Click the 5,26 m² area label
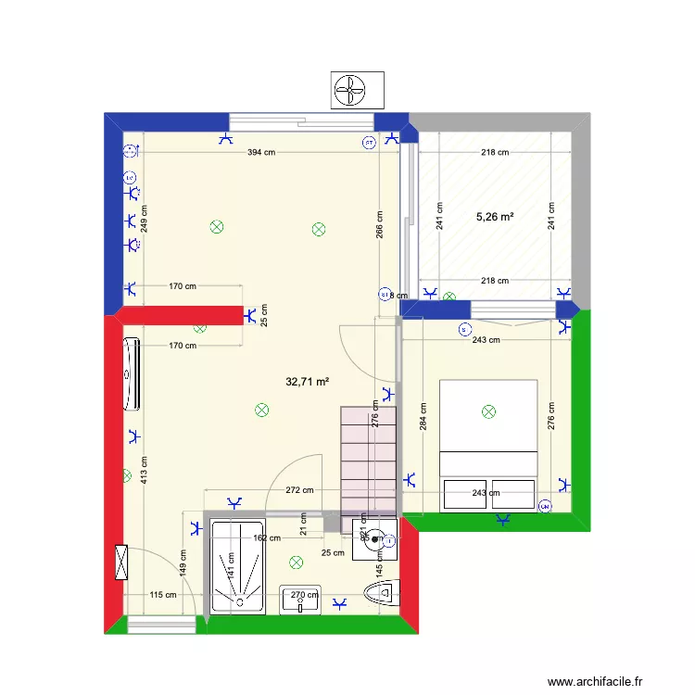point(495,217)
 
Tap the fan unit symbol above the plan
point(349,90)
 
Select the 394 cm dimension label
point(260,152)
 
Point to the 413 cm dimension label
point(145,475)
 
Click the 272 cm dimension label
point(299,490)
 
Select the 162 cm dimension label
point(266,537)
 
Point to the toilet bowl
point(381,594)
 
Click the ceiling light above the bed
point(488,411)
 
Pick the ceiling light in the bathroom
point(297,562)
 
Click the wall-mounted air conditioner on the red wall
point(131,374)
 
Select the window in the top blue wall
point(303,121)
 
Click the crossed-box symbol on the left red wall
point(120,562)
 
